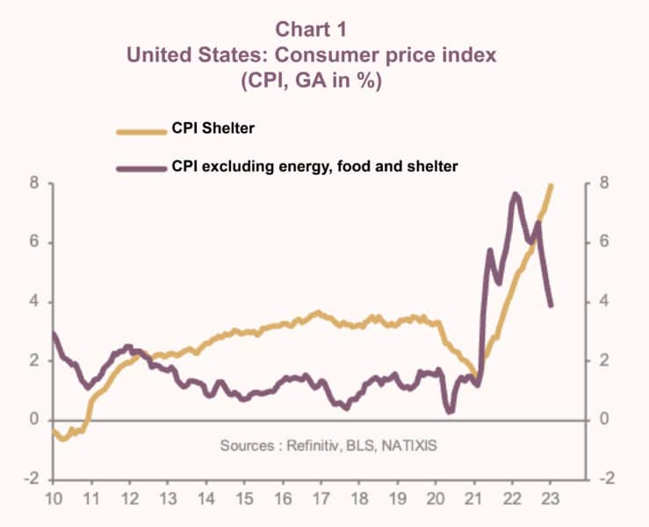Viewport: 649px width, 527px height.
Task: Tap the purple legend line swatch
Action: point(141,167)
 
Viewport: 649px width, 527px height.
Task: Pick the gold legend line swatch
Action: point(141,131)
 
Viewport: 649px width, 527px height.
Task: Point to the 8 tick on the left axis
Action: point(35,184)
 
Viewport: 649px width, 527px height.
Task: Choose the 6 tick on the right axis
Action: point(602,243)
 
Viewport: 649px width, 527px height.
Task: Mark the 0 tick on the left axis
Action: point(35,420)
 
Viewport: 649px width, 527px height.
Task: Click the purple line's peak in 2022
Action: point(515,194)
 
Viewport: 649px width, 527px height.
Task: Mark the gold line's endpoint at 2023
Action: point(551,185)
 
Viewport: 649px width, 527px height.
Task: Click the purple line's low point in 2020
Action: point(450,411)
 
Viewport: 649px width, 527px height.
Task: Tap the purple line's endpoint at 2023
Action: point(551,305)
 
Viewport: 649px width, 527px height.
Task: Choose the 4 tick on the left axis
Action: point(35,302)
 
